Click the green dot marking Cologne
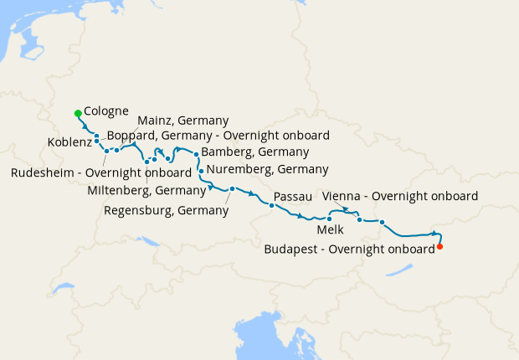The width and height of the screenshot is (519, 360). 78,113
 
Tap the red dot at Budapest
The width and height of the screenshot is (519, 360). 439,246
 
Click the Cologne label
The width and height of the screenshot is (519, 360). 106,111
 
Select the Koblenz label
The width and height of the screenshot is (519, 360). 70,142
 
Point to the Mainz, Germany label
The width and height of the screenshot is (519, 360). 182,120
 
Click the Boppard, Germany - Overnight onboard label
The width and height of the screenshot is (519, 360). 218,135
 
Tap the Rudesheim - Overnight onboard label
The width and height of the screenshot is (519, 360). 101,173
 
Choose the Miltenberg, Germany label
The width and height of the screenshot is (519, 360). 146,190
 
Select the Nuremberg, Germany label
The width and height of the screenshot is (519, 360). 266,169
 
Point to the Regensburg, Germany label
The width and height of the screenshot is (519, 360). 166,210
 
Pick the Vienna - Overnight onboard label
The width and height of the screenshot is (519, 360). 399,196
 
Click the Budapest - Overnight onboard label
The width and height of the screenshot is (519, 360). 349,249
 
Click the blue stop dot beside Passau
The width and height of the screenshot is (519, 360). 272,205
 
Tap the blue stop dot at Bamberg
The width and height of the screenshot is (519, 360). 196,154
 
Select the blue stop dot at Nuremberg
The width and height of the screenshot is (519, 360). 201,171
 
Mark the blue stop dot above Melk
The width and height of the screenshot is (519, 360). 330,219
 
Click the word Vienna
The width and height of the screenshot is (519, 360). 341,196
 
